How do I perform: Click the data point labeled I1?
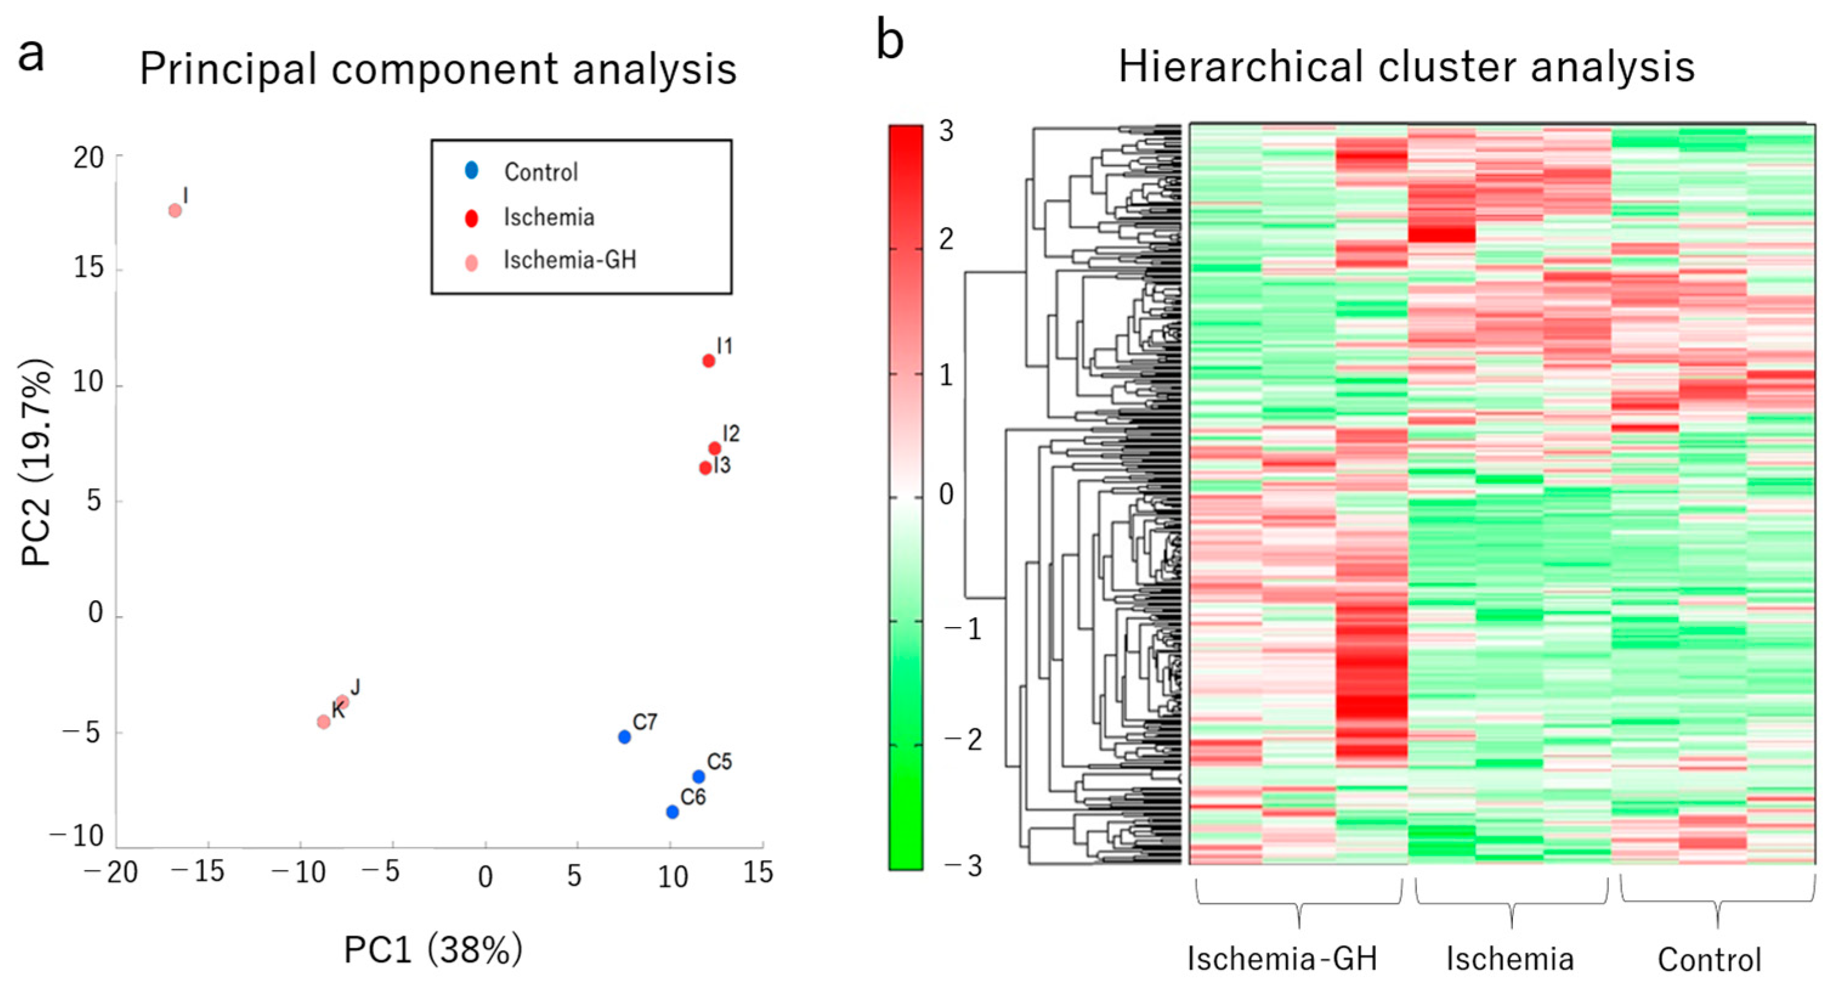pyautogui.click(x=708, y=361)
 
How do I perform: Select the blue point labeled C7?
pyautogui.click(x=625, y=736)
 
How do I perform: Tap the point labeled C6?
pyautogui.click(x=671, y=812)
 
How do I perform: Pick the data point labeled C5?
pyautogui.click(x=698, y=777)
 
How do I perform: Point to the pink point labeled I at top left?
pyautogui.click(x=175, y=211)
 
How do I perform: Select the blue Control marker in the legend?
pyautogui.click(x=471, y=171)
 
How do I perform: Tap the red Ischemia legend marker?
pyautogui.click(x=471, y=218)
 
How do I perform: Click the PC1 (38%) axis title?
pyautogui.click(x=433, y=950)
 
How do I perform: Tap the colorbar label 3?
pyautogui.click(x=946, y=131)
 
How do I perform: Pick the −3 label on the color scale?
pyautogui.click(x=963, y=867)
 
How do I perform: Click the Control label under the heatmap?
pyautogui.click(x=1709, y=960)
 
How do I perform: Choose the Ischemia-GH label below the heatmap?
pyautogui.click(x=1282, y=959)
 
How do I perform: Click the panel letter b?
pyautogui.click(x=889, y=41)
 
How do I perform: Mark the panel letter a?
pyautogui.click(x=31, y=55)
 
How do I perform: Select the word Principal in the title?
pyautogui.click(x=228, y=70)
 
